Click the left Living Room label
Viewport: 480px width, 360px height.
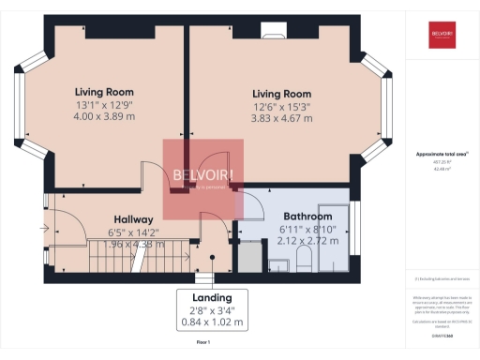click(101, 92)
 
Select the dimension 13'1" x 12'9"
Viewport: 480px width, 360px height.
click(101, 106)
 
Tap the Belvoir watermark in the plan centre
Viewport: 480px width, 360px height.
click(203, 178)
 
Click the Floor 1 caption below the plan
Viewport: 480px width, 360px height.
click(202, 343)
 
